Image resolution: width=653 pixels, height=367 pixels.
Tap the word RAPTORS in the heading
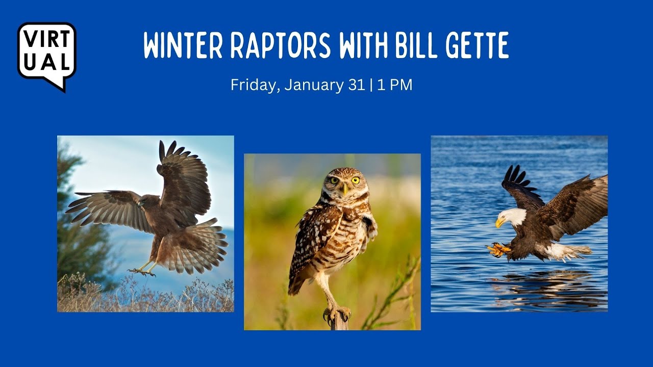click(281, 45)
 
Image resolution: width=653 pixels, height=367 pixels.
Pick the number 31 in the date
click(357, 85)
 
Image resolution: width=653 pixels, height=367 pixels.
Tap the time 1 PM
click(395, 85)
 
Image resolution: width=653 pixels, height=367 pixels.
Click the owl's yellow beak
click(345, 189)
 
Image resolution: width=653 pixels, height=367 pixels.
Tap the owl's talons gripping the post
click(337, 314)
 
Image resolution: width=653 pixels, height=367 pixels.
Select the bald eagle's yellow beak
click(499, 223)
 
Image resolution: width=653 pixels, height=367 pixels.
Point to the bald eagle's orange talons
click(498, 250)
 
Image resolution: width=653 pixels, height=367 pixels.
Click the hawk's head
click(145, 201)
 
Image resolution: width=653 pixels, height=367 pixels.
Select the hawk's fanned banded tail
click(194, 246)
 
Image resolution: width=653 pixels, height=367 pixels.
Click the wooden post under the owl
click(339, 321)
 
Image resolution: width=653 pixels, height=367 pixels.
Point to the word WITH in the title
click(363, 45)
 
